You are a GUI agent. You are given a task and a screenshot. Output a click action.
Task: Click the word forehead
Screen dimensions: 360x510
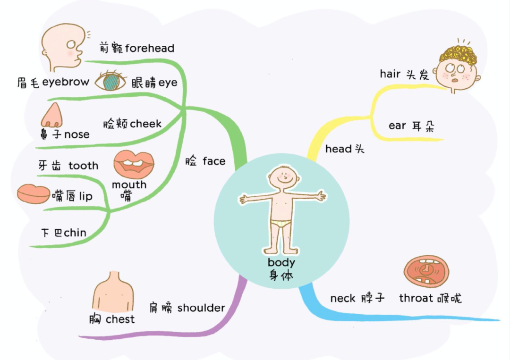[x=150, y=49]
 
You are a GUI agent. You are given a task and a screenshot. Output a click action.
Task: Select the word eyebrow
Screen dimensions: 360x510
[x=66, y=82]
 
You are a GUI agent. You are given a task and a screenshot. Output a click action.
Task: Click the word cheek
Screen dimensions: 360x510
[x=146, y=124]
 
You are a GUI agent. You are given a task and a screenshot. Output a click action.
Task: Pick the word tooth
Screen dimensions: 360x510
[x=84, y=166]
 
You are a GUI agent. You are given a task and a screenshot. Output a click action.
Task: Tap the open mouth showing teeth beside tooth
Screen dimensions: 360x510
[x=134, y=163]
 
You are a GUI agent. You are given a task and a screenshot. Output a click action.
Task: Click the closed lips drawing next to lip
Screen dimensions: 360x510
[x=33, y=194]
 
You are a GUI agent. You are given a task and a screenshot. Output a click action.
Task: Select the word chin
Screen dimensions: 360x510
[x=75, y=232]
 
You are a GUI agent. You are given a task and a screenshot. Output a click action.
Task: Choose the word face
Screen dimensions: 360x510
[x=214, y=161]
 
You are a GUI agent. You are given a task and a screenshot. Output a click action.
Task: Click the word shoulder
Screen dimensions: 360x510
[x=201, y=308]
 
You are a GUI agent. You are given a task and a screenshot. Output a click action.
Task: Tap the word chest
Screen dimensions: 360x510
[x=120, y=319]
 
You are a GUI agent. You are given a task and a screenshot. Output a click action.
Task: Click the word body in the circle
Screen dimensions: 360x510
[x=281, y=263]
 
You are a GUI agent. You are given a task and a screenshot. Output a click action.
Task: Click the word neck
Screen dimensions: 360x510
[x=343, y=298]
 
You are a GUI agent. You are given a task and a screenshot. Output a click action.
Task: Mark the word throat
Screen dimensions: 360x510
[x=416, y=298]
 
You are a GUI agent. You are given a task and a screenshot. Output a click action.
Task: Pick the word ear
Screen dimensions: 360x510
[x=397, y=126]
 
